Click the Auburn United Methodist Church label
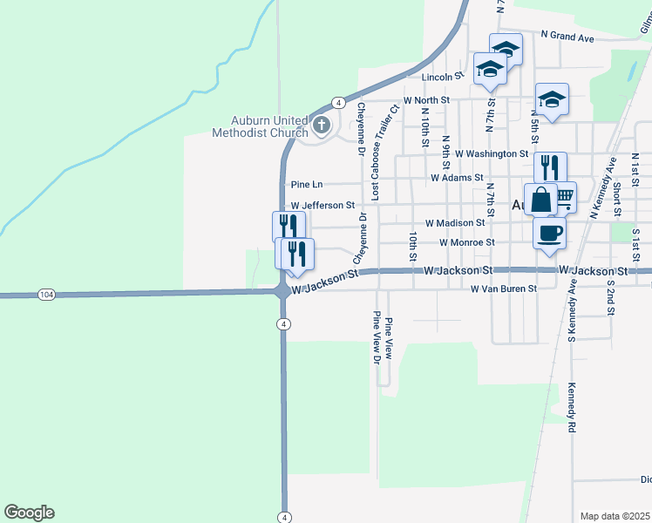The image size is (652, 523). (259, 126)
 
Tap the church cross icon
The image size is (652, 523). (321, 126)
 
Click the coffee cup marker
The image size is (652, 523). (549, 233)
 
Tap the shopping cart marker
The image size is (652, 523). (564, 196)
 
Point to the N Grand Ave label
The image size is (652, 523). (567, 37)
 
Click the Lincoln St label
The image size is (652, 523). (441, 78)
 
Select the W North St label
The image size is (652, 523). (425, 100)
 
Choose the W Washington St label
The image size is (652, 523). (492, 153)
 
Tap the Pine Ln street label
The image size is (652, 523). (307, 185)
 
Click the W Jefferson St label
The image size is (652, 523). (323, 206)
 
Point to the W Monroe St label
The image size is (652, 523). (467, 242)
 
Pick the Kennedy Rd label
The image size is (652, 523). (573, 408)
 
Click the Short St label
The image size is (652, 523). (615, 200)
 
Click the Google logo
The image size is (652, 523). (29, 513)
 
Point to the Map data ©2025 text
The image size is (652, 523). (615, 516)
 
